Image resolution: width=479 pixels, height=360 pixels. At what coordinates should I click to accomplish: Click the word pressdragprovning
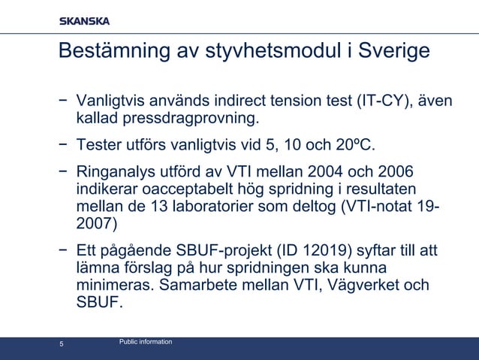(187, 118)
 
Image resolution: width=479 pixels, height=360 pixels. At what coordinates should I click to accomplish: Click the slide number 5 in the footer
(62, 345)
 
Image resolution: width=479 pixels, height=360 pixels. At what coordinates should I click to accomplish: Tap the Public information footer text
(146, 342)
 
